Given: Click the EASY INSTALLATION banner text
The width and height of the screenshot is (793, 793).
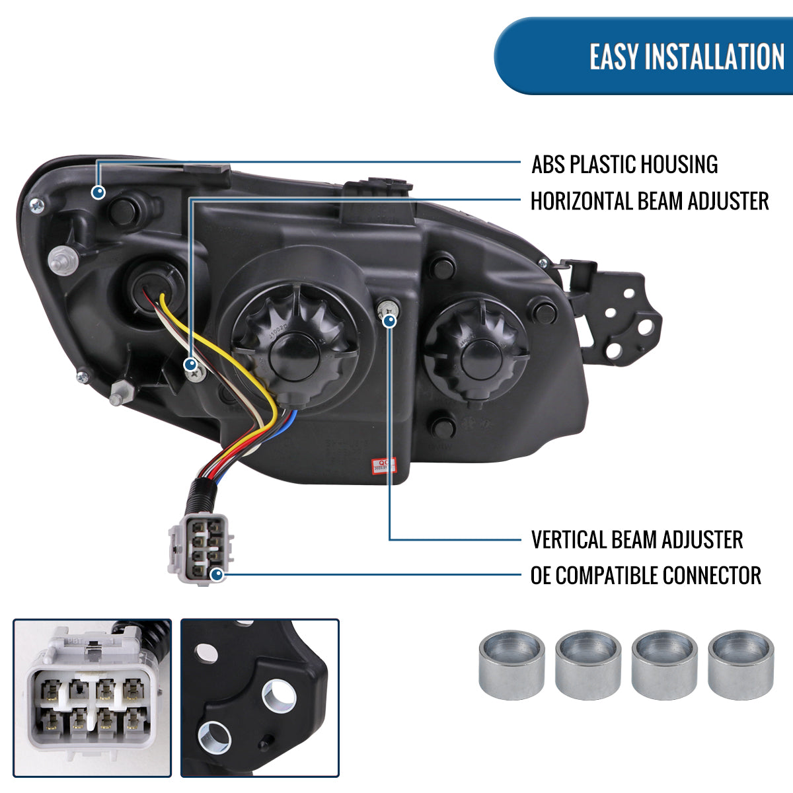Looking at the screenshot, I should point(687,57).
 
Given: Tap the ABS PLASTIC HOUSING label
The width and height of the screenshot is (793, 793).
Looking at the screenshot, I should point(624,165).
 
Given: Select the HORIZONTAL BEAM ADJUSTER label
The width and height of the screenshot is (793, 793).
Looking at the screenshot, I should point(650,201).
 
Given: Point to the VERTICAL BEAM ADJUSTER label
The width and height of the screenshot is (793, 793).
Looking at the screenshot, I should point(637,539).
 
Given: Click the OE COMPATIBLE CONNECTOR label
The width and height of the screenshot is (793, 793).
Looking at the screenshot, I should point(646,576).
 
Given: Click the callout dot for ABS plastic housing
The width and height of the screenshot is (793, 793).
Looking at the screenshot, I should point(98,192).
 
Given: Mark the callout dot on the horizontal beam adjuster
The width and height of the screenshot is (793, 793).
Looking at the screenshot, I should point(191,363).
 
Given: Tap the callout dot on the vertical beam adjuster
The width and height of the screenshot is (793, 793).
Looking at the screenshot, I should point(389,321).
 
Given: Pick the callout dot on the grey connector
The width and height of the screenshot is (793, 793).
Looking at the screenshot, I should point(217,575).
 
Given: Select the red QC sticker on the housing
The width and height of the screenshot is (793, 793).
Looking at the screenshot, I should point(382,465).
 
